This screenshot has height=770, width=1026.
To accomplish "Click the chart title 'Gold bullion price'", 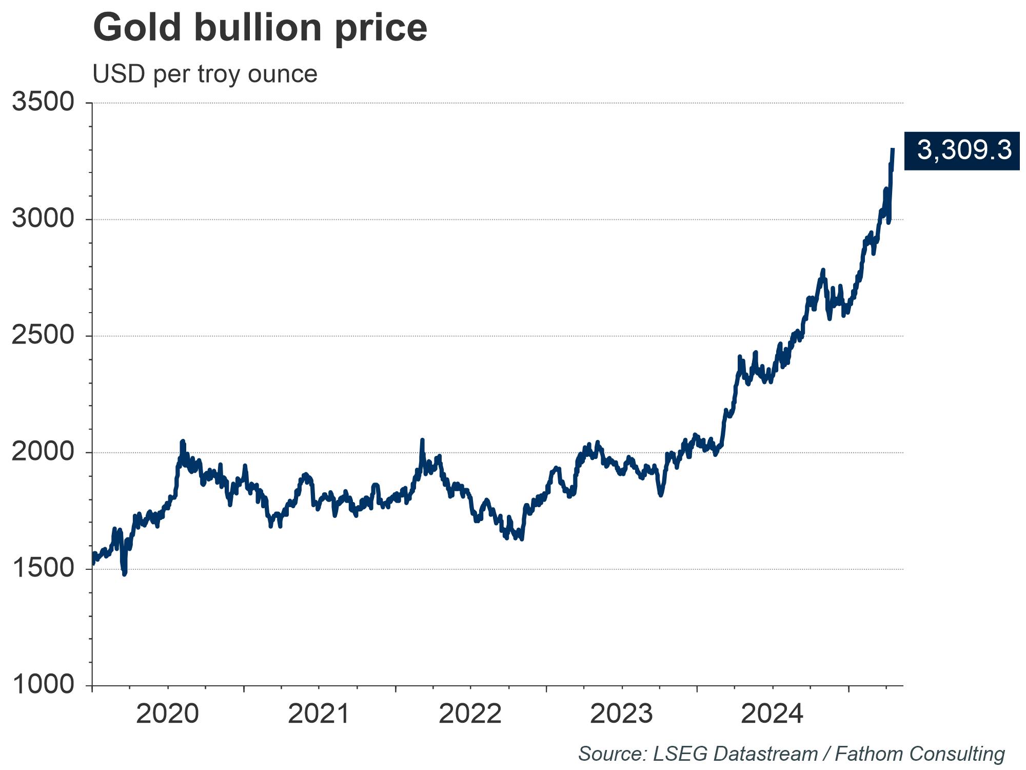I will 260,28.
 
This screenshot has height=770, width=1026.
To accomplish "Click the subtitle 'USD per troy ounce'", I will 205,74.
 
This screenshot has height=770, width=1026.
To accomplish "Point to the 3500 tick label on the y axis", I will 44,102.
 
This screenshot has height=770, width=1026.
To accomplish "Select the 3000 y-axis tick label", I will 44,219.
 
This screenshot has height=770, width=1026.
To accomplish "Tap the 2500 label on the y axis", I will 44,335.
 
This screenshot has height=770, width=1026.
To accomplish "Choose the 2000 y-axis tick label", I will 44,452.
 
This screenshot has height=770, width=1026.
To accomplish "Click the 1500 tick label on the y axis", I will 44,568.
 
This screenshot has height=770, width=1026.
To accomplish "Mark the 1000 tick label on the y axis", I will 44,685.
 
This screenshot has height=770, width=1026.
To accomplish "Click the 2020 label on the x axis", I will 167,714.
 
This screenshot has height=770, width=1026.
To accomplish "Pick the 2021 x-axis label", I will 319,714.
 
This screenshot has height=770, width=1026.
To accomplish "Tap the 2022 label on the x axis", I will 470,714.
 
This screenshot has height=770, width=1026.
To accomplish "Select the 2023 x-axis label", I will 621,714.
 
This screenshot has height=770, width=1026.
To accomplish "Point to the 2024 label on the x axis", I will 772,714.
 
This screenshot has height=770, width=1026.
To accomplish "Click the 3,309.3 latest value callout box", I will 961,150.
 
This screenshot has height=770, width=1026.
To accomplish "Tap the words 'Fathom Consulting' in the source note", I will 920,754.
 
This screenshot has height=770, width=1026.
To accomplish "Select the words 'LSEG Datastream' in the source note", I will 735,754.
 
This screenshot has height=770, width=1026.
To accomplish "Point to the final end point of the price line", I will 893,149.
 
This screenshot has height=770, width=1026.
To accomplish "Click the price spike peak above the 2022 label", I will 422,440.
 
